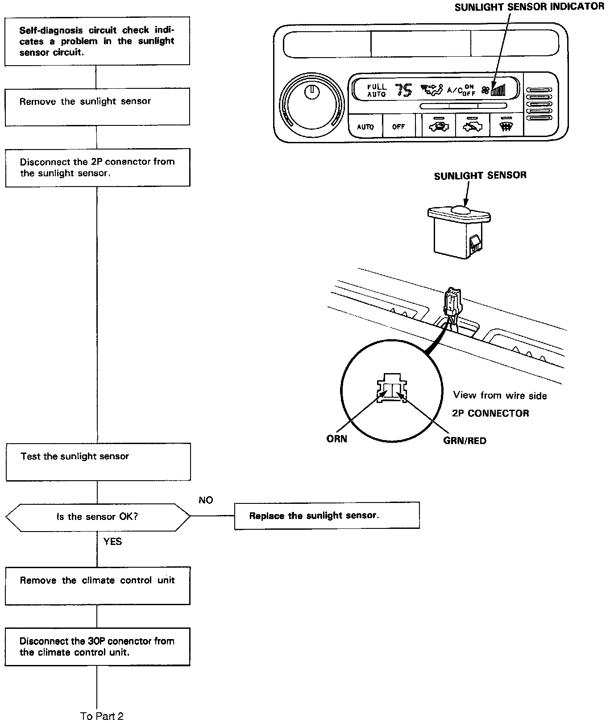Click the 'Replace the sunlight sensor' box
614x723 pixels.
tap(327, 515)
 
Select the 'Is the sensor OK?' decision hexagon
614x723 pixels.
tap(97, 517)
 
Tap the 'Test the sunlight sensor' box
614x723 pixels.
tap(98, 461)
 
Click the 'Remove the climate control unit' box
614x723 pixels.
tap(97, 586)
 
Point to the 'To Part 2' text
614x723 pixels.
tap(102, 716)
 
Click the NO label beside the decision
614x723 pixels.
tap(206, 500)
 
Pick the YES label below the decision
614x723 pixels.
tap(112, 541)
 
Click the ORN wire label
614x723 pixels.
tap(336, 439)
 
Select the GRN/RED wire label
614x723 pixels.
tap(465, 440)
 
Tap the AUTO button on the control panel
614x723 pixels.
tap(365, 127)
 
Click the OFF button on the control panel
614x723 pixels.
tap(398, 127)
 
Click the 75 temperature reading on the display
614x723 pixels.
tap(404, 91)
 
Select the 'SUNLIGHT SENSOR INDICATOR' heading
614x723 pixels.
tap(529, 7)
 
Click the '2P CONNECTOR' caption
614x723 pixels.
tap(490, 413)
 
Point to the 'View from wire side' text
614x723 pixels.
tap(500, 395)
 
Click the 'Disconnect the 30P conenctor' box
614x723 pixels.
tap(97, 647)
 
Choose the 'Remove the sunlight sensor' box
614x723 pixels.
tap(97, 106)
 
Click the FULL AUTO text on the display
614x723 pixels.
tap(377, 91)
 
